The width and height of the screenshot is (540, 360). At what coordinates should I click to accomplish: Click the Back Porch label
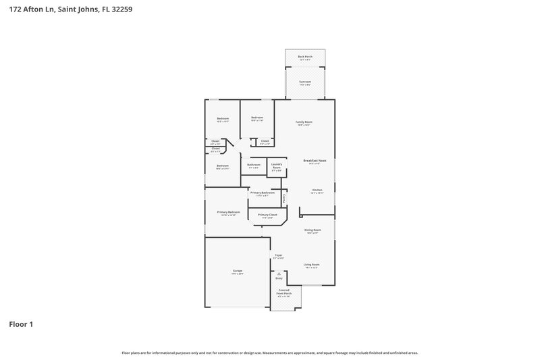click(x=305, y=57)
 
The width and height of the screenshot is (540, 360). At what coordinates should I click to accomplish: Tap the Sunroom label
click(x=305, y=82)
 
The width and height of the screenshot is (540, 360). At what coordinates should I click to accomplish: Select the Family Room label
click(x=304, y=122)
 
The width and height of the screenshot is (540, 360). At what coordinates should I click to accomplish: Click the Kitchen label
click(x=317, y=190)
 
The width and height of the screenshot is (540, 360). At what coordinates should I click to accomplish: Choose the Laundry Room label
click(x=277, y=165)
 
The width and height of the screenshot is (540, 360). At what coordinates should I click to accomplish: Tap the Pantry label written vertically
click(x=284, y=198)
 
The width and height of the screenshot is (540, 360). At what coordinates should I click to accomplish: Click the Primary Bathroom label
click(x=262, y=193)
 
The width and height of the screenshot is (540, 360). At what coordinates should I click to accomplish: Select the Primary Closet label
click(x=267, y=215)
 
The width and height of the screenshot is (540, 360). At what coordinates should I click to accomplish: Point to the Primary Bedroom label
click(x=228, y=212)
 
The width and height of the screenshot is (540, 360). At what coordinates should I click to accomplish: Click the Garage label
click(x=238, y=271)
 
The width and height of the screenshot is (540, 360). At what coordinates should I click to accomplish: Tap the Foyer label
click(x=278, y=255)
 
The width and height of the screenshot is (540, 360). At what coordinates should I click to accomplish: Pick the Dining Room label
click(x=313, y=230)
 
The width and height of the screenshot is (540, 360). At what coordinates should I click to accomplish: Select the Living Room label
click(x=311, y=264)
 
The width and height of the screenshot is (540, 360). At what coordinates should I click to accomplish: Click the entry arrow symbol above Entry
click(x=279, y=273)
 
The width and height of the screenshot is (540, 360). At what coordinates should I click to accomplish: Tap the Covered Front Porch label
click(x=285, y=291)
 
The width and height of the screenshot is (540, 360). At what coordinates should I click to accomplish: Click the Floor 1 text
click(x=21, y=324)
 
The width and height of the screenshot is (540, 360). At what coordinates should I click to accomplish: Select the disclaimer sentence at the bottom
click(x=269, y=353)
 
